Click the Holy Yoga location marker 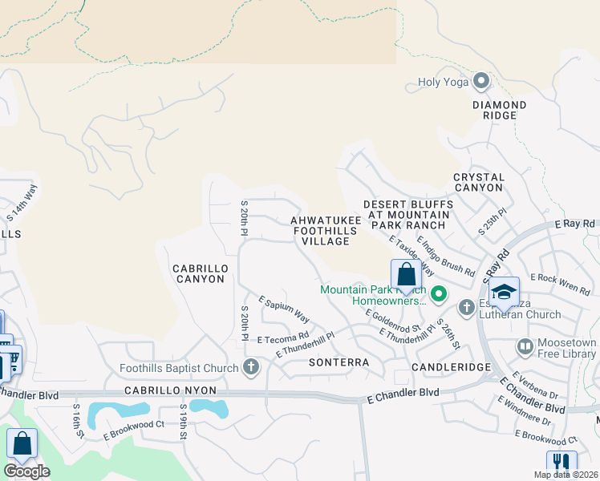coord(481,81)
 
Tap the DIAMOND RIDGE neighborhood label coord(499,110)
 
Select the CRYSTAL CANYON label coord(479,182)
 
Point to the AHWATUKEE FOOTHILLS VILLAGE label coord(320,230)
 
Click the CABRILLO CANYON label coord(199,273)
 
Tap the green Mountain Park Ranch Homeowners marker coord(438,295)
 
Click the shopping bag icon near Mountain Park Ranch coord(406,275)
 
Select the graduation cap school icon coord(503,292)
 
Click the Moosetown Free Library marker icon coord(525,347)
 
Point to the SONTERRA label coord(339,362)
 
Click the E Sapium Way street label coord(283,309)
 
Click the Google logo coord(26,471)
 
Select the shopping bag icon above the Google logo coord(22,443)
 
